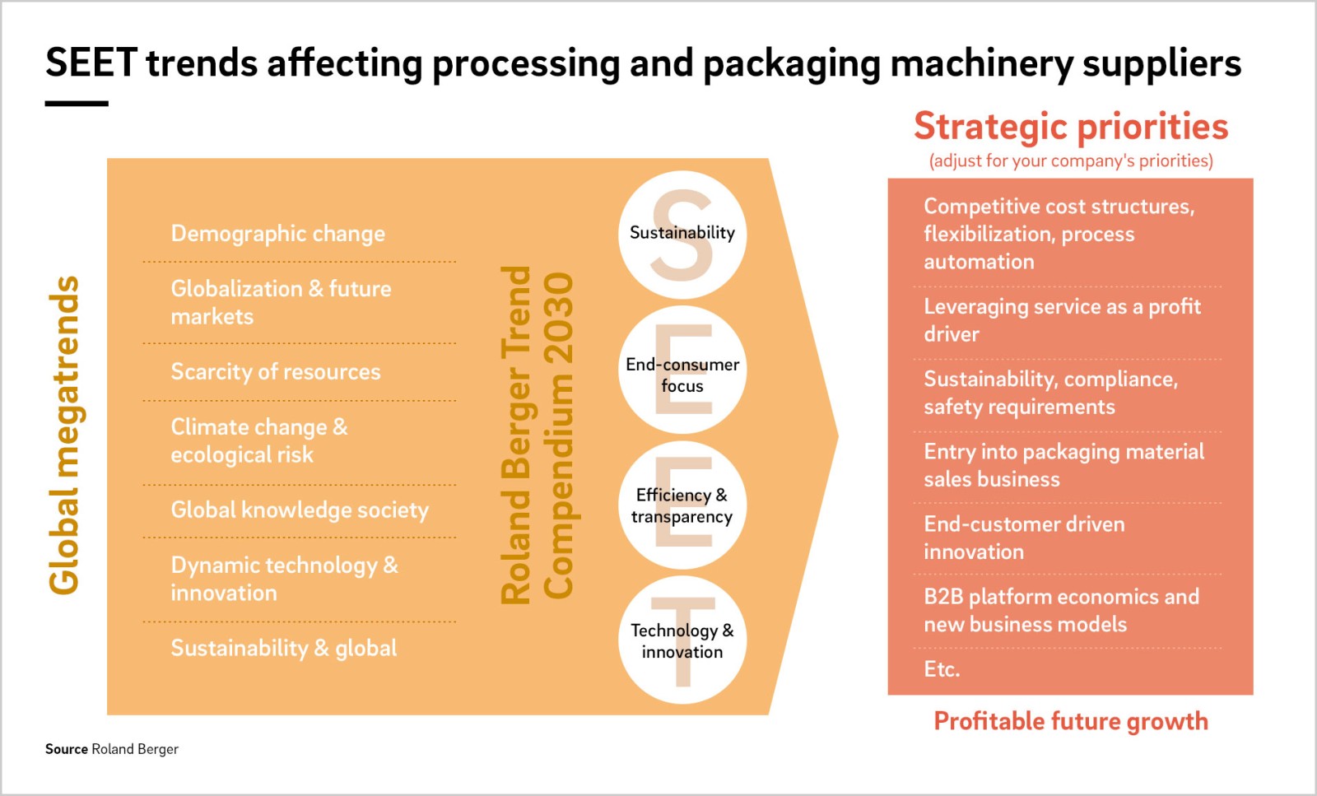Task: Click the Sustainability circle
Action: pyautogui.click(x=682, y=235)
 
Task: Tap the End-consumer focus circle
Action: pyautogui.click(x=682, y=370)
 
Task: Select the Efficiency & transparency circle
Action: pyautogui.click(x=682, y=505)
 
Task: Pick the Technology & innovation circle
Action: pyautogui.click(x=682, y=640)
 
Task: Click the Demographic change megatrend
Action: pyautogui.click(x=278, y=234)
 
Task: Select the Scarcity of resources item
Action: pyautogui.click(x=276, y=371)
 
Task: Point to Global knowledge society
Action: pyautogui.click(x=300, y=510)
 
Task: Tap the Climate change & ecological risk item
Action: pyautogui.click(x=259, y=441)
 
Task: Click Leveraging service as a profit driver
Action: pyautogui.click(x=1062, y=320)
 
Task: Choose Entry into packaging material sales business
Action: pyautogui.click(x=1063, y=466)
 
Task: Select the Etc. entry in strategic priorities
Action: pyautogui.click(x=942, y=669)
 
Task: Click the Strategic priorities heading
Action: pyautogui.click(x=1071, y=127)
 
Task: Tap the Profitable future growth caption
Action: pyautogui.click(x=1071, y=721)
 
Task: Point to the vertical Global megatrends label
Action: pyautogui.click(x=64, y=435)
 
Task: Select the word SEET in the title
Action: pyautogui.click(x=91, y=63)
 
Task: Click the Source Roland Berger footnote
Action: pyautogui.click(x=112, y=749)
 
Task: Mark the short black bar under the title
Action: pyautogui.click(x=77, y=104)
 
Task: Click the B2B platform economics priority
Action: pyautogui.click(x=1061, y=610)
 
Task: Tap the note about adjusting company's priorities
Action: pyautogui.click(x=1071, y=161)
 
